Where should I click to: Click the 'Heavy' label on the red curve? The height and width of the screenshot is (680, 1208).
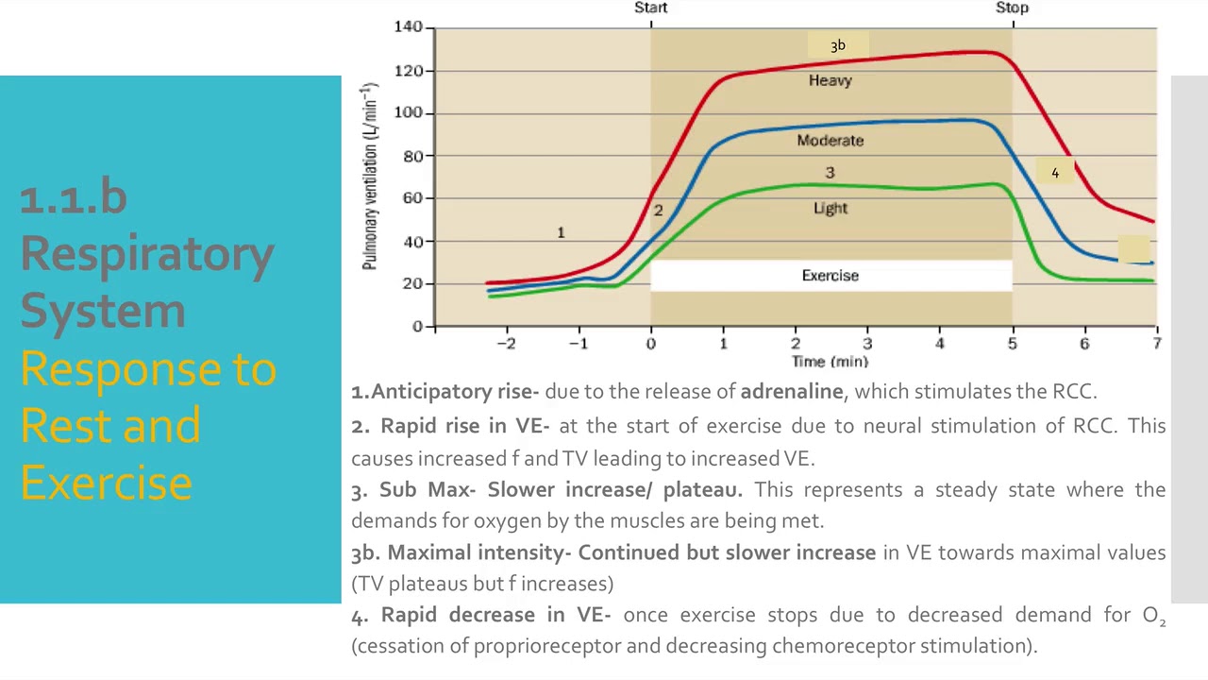click(x=830, y=81)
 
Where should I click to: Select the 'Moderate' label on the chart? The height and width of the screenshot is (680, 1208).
click(x=830, y=141)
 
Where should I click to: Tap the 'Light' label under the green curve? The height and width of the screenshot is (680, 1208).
click(x=830, y=209)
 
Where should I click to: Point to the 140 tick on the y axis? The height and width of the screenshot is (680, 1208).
click(x=409, y=27)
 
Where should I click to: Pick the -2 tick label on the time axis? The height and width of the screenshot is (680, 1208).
click(x=506, y=344)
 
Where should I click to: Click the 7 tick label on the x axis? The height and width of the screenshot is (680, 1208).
click(x=1157, y=344)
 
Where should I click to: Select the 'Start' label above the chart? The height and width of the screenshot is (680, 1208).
click(x=650, y=8)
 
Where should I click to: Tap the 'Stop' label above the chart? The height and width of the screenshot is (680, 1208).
click(x=1012, y=8)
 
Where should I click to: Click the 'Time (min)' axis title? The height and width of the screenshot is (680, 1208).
click(x=830, y=362)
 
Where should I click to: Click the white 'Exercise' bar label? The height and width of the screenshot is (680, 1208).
click(x=830, y=276)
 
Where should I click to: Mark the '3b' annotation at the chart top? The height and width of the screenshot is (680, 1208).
click(x=838, y=45)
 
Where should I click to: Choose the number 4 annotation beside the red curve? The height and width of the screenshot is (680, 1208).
click(x=1055, y=173)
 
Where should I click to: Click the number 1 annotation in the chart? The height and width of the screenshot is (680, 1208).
click(x=561, y=232)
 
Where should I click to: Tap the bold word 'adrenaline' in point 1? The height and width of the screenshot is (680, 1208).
click(x=791, y=391)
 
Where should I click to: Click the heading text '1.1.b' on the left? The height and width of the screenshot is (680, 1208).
click(x=73, y=197)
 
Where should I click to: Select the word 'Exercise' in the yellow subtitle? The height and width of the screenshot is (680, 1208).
click(x=106, y=482)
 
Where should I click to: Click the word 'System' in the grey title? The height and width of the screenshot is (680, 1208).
click(x=103, y=311)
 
